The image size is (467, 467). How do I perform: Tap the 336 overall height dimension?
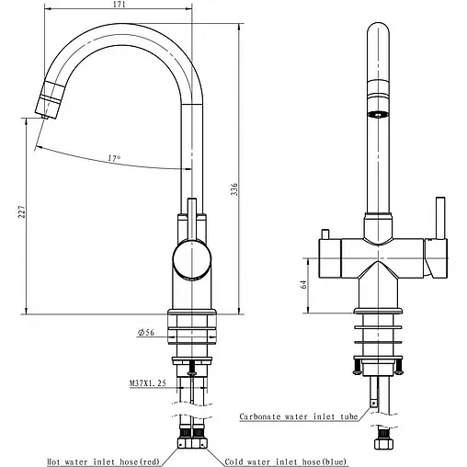pyautogui.click(x=234, y=189)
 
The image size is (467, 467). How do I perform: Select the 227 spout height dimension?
pyautogui.click(x=22, y=211)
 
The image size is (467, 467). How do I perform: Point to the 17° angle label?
pyautogui.click(x=114, y=158)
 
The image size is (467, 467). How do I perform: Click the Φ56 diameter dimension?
pyautogui.click(x=146, y=333)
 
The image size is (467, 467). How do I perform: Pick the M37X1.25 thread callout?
pyautogui.click(x=148, y=382)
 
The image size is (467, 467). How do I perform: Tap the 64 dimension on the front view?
pyautogui.click(x=303, y=284)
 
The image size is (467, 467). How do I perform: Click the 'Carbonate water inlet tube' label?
pyautogui.click(x=299, y=416)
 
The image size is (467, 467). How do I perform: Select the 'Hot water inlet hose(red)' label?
pyautogui.click(x=103, y=461)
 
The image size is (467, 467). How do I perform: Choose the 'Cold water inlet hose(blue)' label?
pyautogui.click(x=286, y=461)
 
